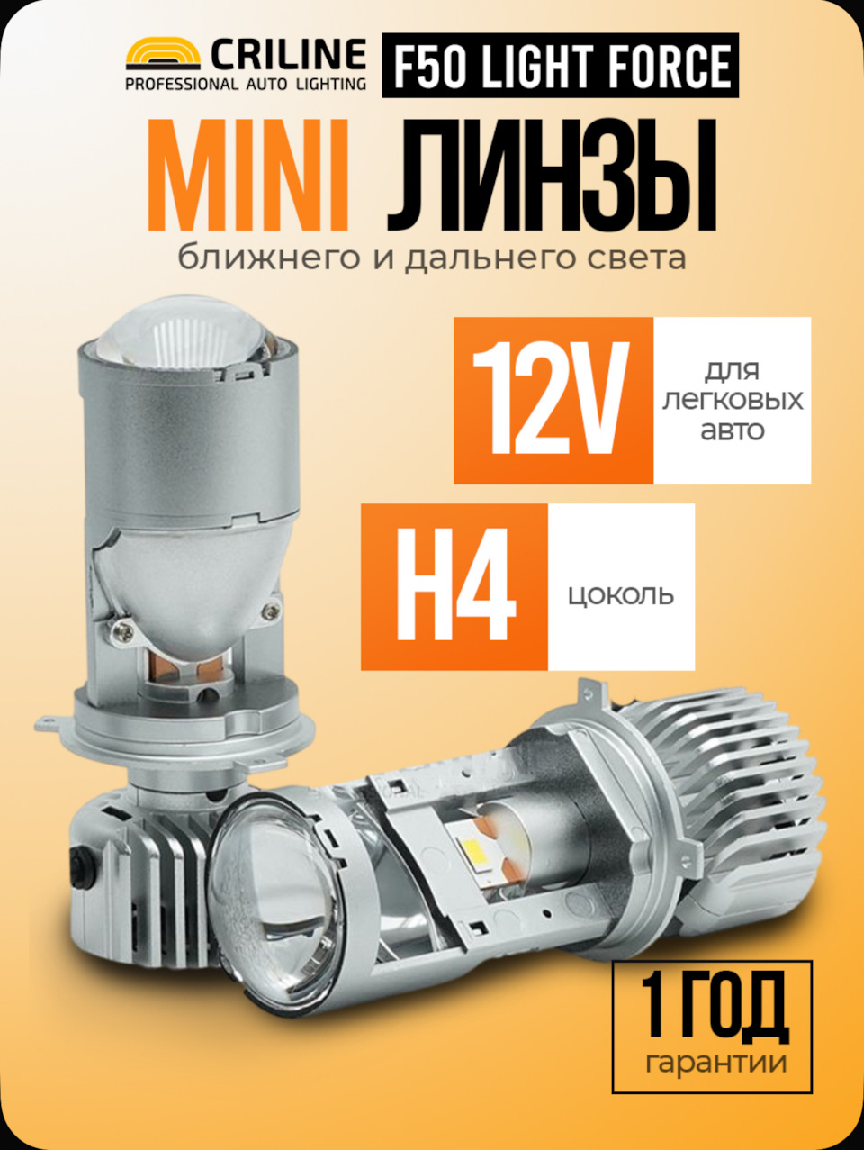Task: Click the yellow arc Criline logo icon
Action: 163,53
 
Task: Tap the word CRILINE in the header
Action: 288,55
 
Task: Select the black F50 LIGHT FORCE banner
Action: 561,66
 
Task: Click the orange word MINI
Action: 248,176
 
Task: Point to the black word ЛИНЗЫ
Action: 552,176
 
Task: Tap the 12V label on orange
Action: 550,400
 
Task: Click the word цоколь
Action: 621,597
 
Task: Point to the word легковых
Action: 733,401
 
